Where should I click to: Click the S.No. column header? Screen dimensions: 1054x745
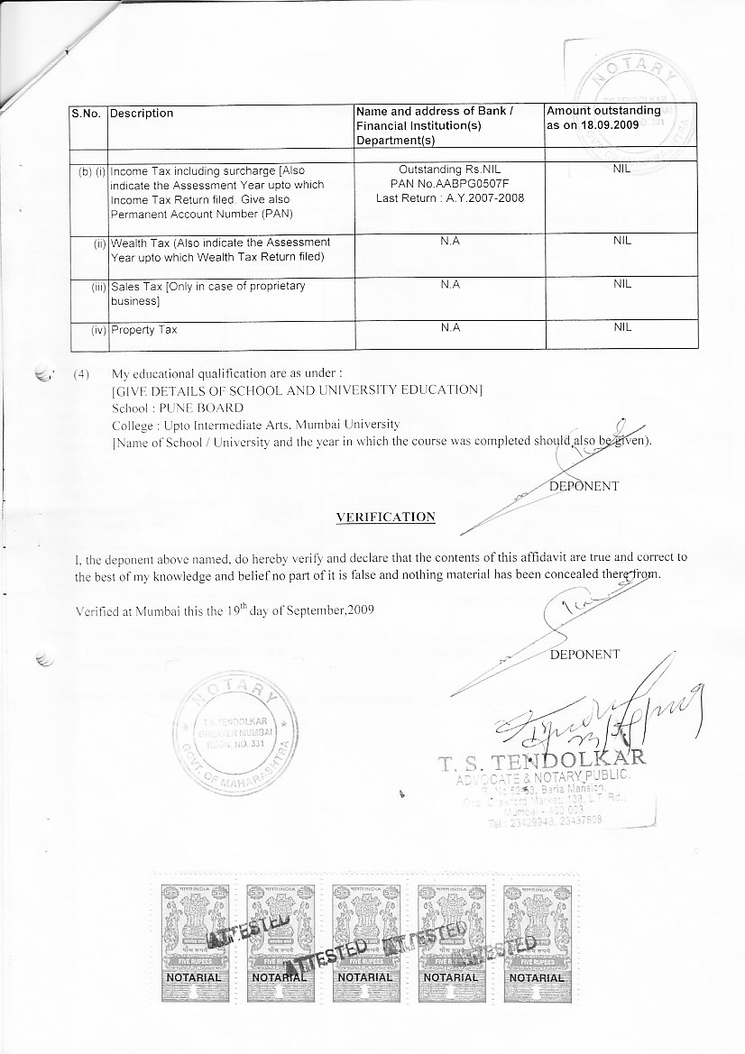click(x=88, y=114)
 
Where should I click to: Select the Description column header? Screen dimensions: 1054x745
click(x=142, y=114)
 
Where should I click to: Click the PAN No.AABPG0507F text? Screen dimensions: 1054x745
click(x=450, y=183)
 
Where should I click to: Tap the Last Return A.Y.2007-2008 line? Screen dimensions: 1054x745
click(x=450, y=197)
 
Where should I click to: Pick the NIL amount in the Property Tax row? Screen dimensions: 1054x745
click(x=622, y=328)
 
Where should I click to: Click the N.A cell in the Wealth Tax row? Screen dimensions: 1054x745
click(x=450, y=242)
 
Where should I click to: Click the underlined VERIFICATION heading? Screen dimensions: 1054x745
click(x=385, y=518)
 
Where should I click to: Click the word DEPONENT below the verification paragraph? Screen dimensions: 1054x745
click(x=584, y=655)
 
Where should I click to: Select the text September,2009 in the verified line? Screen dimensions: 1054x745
click(x=328, y=609)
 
